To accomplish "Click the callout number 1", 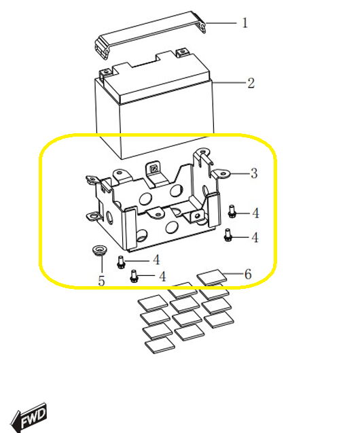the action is (x=245, y=22).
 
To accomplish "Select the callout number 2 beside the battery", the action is (x=251, y=83).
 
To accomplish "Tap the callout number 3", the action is (x=254, y=173).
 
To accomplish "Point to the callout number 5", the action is (x=101, y=281).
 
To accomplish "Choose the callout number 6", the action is (x=248, y=274).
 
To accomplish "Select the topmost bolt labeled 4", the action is (x=232, y=211).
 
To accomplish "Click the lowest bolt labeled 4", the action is (x=134, y=276).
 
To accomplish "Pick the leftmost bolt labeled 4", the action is (x=121, y=262).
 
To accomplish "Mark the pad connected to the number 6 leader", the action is (x=212, y=277).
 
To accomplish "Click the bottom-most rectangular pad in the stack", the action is (x=160, y=345).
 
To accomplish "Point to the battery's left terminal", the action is (x=106, y=73).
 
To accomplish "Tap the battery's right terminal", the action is (x=181, y=52).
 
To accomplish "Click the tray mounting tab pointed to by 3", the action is (x=221, y=174).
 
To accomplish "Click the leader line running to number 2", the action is (x=229, y=82).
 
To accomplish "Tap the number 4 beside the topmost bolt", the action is (x=255, y=213).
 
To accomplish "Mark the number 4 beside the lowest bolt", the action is (x=162, y=277).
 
